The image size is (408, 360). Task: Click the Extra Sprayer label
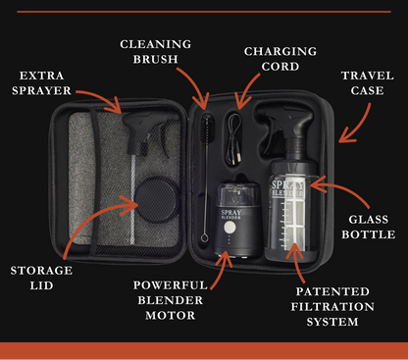tap(41, 83)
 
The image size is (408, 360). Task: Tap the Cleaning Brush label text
tap(156, 52)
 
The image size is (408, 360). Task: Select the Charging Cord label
tap(280, 59)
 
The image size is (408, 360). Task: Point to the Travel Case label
tap(368, 83)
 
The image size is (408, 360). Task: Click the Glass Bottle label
tap(369, 227)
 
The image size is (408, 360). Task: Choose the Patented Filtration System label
tap(332, 307)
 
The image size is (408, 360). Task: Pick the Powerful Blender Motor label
tap(171, 300)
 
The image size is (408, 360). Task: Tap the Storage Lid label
tap(41, 278)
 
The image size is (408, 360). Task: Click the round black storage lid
tap(157, 200)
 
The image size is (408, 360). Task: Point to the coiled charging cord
tap(233, 139)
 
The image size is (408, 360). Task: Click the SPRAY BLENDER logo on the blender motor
tap(231, 214)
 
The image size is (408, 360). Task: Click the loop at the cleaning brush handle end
tap(205, 237)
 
